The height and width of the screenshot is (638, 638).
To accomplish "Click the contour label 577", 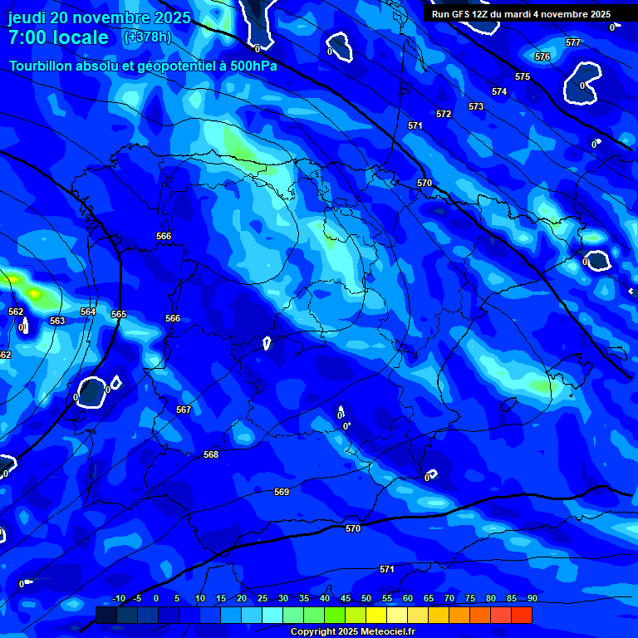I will (573, 42).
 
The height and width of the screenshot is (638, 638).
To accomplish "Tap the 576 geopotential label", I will (542, 57).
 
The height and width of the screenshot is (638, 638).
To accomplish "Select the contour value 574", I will (499, 92).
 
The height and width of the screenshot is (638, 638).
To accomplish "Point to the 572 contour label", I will (444, 114).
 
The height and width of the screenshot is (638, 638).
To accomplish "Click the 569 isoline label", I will (282, 493).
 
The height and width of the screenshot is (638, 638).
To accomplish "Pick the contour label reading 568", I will (211, 454).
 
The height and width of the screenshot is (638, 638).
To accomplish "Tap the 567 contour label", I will (184, 410).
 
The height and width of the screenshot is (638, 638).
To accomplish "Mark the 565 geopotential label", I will (119, 315).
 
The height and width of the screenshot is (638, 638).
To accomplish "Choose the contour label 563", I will (57, 321).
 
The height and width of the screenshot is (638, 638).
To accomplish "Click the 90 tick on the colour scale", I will (532, 598).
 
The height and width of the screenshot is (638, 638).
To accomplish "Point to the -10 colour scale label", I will (118, 598).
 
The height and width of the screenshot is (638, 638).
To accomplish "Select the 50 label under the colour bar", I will (366, 598).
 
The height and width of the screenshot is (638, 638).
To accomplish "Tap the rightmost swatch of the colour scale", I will (522, 615).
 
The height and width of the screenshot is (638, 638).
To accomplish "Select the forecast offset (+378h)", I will (147, 37).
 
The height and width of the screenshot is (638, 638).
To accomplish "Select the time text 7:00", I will (24, 37).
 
